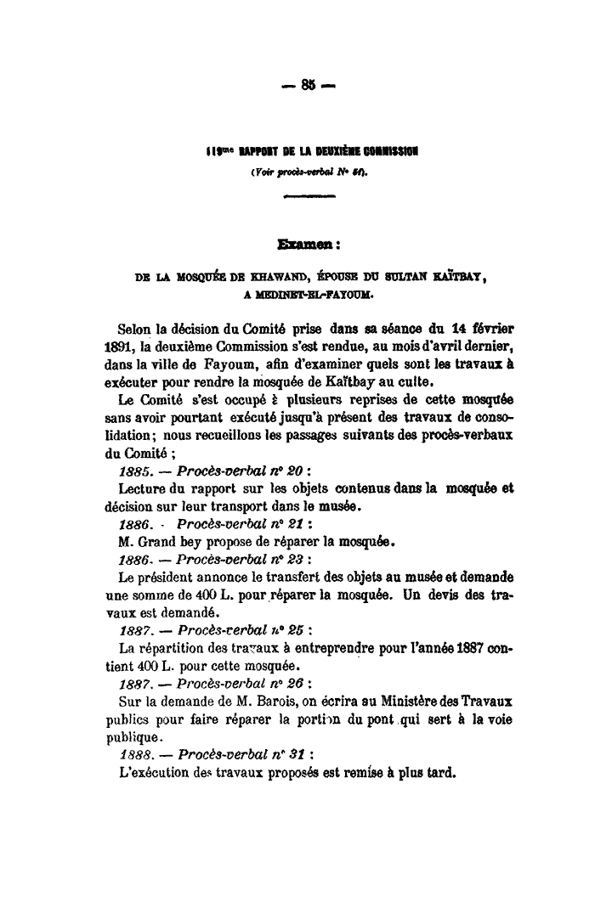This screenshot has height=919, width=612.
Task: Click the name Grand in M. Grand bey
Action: pyautogui.click(x=160, y=541)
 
